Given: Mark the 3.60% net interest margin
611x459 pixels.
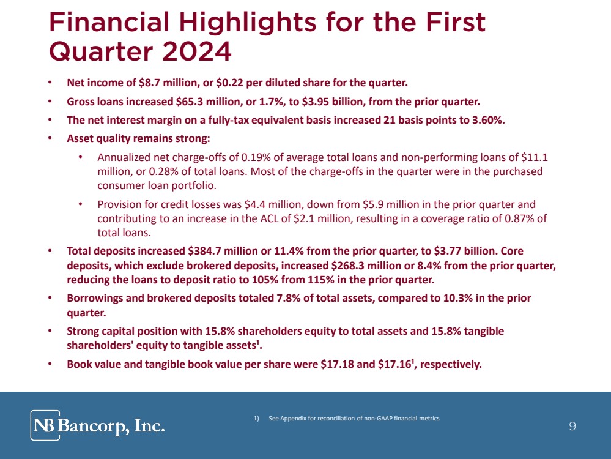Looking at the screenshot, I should pyautogui.click(x=488, y=120).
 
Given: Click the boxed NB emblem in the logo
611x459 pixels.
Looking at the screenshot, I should pyautogui.click(x=45, y=425).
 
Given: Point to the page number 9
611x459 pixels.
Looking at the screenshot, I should pyautogui.click(x=572, y=427).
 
